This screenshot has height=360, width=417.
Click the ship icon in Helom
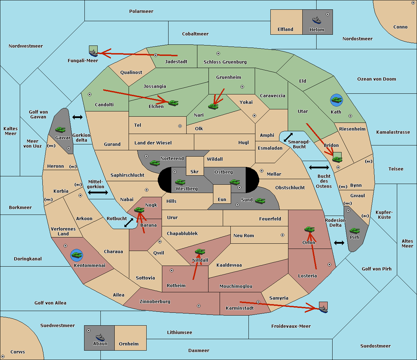(x=317, y=20)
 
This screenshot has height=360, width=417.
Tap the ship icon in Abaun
(x=100, y=337)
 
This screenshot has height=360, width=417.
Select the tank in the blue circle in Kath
(x=336, y=100)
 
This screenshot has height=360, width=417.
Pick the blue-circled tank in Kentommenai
(x=76, y=255)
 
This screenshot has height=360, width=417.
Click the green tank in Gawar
(x=60, y=129)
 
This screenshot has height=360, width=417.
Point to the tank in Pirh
(x=354, y=231)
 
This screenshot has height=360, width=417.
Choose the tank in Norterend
(x=155, y=162)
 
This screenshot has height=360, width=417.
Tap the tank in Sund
(x=260, y=200)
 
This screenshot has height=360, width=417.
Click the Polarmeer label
(x=141, y=11)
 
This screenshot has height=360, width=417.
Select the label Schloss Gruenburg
(x=225, y=62)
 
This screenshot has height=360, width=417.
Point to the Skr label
(x=194, y=171)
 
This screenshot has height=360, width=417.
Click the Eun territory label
(x=222, y=200)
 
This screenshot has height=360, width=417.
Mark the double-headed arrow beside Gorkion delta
(x=77, y=117)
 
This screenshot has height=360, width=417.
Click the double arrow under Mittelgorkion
(x=98, y=193)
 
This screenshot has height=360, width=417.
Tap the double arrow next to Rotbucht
(x=129, y=223)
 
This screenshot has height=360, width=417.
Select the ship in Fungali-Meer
(x=93, y=52)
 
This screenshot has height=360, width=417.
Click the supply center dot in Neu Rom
(x=283, y=235)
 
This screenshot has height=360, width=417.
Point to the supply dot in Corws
(x=3, y=357)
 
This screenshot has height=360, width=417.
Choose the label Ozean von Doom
(x=376, y=79)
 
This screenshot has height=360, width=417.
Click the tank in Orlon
(x=309, y=229)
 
